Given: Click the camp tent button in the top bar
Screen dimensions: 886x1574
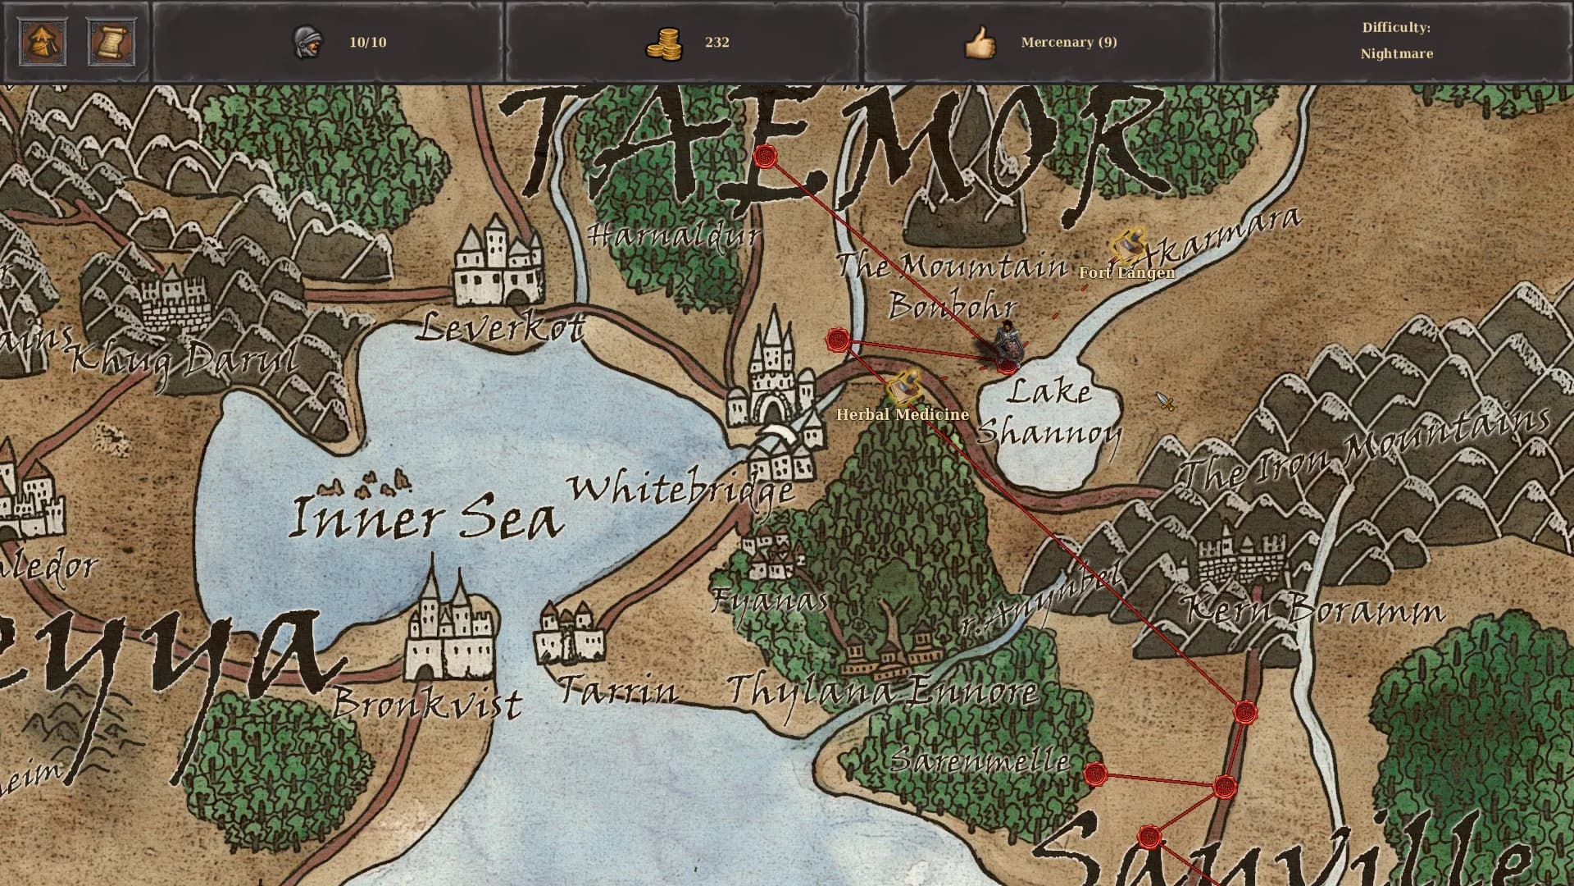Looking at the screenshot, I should pos(43,42).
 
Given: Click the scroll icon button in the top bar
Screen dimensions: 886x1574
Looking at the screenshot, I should pos(111,42).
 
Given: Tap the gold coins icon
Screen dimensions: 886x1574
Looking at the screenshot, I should pos(663,43).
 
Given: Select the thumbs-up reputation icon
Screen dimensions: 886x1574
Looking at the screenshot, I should pos(980,43).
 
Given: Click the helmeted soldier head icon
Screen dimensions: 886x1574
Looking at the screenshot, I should pos(307,42).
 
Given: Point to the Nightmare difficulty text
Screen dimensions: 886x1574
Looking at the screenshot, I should pos(1396,54).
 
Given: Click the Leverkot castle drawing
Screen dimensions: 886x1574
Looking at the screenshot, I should pos(498,260).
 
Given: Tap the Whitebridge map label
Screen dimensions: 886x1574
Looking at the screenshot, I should pos(681,490).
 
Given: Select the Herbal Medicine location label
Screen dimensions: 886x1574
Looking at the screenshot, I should pos(902,414).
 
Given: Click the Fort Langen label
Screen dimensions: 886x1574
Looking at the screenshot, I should pos(1126,272).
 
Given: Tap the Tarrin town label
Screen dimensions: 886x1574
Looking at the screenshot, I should pos(618,691).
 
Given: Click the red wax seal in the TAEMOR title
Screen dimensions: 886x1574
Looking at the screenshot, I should pos(766,156).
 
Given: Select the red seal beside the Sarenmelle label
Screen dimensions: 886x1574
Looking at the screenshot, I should pos(1094,774).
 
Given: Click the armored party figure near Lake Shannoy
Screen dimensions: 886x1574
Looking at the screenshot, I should pos(1008,344).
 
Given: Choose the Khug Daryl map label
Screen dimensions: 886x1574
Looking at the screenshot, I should pos(184,359).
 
